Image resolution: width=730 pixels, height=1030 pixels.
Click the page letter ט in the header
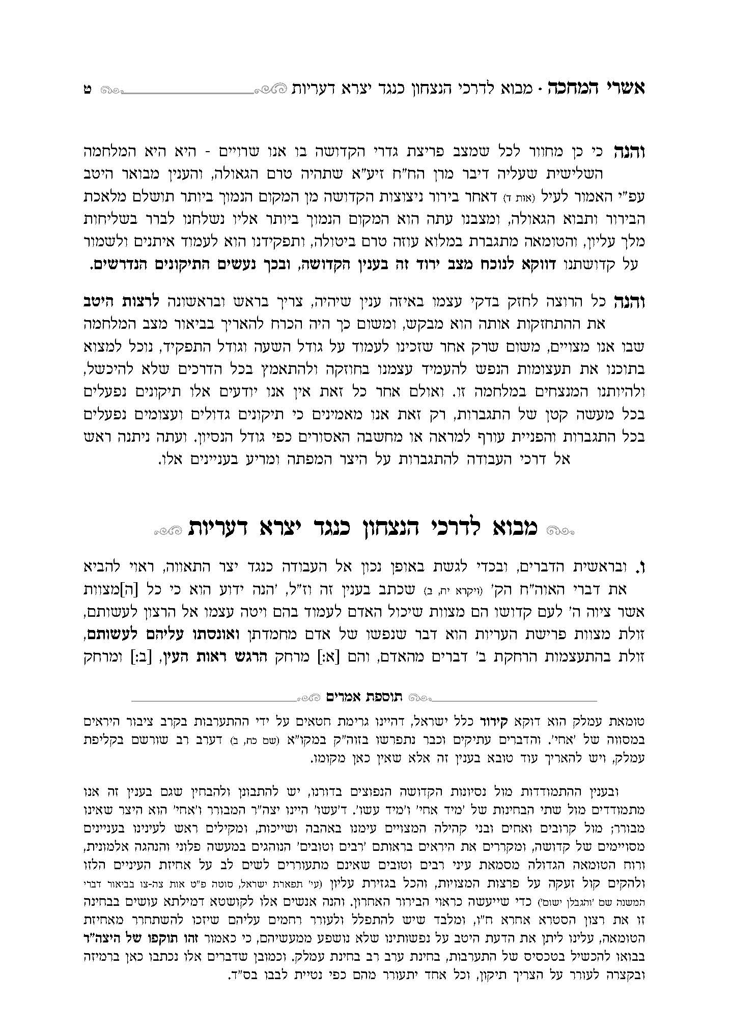tap(87, 89)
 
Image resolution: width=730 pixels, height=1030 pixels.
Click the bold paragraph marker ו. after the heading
tap(641, 566)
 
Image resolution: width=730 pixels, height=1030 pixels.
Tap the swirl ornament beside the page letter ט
tap(110, 90)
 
